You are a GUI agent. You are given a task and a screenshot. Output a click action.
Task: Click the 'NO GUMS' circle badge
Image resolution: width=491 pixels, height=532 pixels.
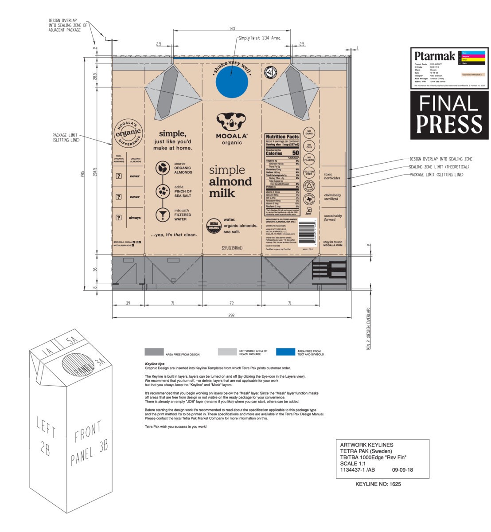309,133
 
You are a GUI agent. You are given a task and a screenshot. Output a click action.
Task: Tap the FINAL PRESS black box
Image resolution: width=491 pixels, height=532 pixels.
449,115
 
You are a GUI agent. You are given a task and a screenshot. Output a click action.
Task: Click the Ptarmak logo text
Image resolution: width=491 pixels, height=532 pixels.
434,56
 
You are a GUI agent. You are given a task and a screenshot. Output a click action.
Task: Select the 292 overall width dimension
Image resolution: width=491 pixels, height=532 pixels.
231,316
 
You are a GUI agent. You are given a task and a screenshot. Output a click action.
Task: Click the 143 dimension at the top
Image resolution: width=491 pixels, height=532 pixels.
232,29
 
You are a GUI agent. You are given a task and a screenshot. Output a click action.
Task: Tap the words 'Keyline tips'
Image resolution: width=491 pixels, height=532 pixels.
155,364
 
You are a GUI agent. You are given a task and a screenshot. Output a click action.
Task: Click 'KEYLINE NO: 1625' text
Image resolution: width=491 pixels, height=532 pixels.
378,484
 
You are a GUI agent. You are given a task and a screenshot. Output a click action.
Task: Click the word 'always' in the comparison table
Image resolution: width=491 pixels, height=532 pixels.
135,218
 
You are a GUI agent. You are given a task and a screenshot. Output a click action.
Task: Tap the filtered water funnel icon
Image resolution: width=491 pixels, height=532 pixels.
163,215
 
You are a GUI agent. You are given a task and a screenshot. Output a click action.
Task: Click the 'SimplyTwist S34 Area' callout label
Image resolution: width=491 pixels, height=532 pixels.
259,38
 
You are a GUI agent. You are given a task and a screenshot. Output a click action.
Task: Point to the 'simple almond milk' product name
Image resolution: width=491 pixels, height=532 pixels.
230,182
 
